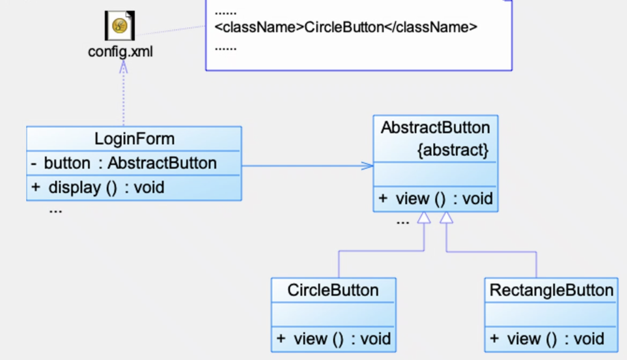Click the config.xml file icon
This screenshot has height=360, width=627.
pyautogui.click(x=120, y=25)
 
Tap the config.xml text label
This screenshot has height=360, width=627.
pyautogui.click(x=120, y=52)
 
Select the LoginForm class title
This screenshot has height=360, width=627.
pyautogui.click(x=134, y=139)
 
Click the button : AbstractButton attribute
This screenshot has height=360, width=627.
pyautogui.click(x=130, y=163)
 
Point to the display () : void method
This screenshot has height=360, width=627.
pyautogui.click(x=98, y=187)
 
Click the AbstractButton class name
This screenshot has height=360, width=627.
pyautogui.click(x=435, y=127)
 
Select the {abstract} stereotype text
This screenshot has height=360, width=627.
pyautogui.click(x=453, y=150)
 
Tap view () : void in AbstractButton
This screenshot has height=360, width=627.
pyautogui.click(x=435, y=199)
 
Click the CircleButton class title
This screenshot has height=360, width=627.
pyautogui.click(x=333, y=290)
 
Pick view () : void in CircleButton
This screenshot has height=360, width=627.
pyautogui.click(x=333, y=339)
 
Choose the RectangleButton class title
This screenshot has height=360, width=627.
pyautogui.click(x=551, y=290)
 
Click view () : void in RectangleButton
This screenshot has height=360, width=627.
pyautogui.click(x=547, y=339)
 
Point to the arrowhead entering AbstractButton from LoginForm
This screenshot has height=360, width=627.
pyautogui.click(x=367, y=165)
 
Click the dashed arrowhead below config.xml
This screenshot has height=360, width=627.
pyautogui.click(x=123, y=67)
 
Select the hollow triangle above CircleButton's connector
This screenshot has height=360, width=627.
pyautogui.click(x=424, y=218)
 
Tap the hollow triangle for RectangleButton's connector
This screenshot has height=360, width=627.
pyautogui.click(x=446, y=218)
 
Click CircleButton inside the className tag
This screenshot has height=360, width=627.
pyautogui.click(x=344, y=27)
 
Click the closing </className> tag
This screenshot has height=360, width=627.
pyautogui.click(x=431, y=27)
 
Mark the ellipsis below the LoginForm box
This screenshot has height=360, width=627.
pyautogui.click(x=55, y=211)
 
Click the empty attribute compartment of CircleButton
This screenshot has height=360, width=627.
pyautogui.click(x=333, y=314)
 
